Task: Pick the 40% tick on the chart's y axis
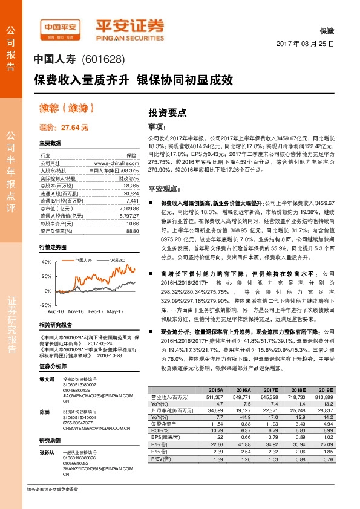tap(47, 262)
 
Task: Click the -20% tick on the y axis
tap(46, 305)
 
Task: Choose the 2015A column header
tap(216, 390)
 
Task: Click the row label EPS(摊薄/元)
tap(166, 436)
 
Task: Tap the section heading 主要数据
tap(50, 143)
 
